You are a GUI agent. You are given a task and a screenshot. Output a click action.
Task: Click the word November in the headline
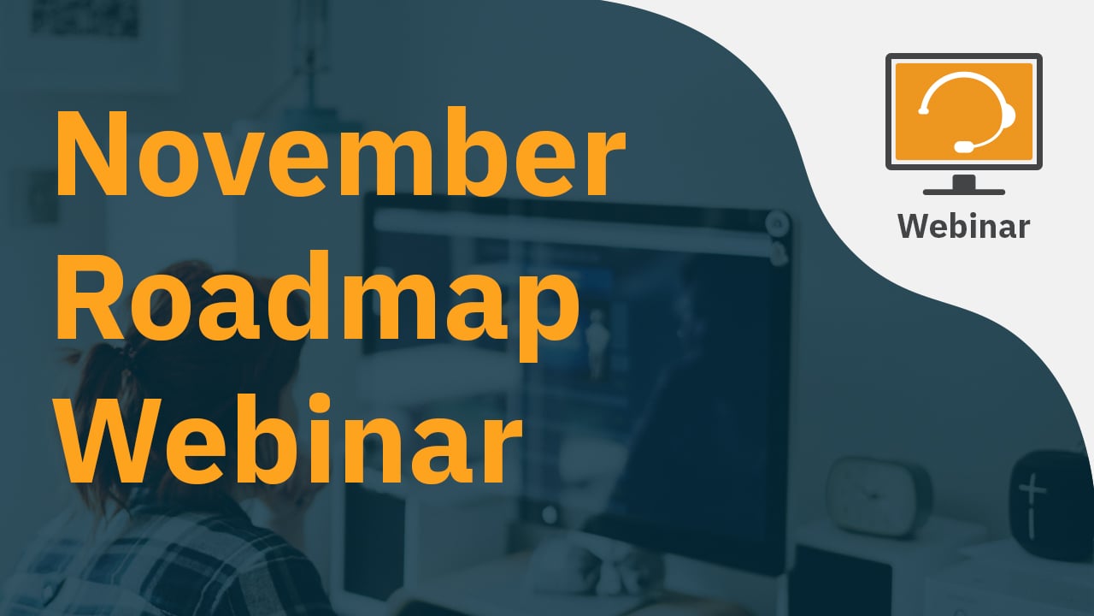pos(341,152)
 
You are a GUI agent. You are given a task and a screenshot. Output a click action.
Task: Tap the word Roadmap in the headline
pos(318,305)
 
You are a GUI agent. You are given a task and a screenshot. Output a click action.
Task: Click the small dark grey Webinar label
pos(963,227)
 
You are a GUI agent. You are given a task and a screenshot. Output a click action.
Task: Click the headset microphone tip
pos(963,146)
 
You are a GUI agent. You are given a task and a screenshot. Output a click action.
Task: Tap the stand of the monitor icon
pos(963,181)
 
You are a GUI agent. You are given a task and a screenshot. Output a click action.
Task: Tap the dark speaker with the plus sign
pos(1050,505)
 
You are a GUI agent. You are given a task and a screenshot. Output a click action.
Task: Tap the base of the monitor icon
pos(963,192)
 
